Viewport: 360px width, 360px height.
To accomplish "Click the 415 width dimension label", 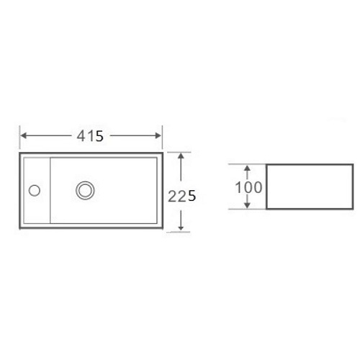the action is coord(90,136).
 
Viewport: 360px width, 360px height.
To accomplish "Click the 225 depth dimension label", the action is coord(182,197).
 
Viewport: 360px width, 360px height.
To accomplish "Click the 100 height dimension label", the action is coord(248,187).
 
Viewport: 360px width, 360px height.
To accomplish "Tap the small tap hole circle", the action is coord(35,190).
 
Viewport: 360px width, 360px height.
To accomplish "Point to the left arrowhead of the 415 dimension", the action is coord(23,135).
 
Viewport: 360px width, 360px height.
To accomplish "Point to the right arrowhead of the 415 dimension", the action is coord(158,135).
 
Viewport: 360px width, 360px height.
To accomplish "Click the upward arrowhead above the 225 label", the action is coord(181,156).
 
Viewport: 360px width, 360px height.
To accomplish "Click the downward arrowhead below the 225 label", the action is coord(181,228).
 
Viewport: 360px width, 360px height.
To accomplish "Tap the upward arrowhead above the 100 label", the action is coord(247,168).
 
